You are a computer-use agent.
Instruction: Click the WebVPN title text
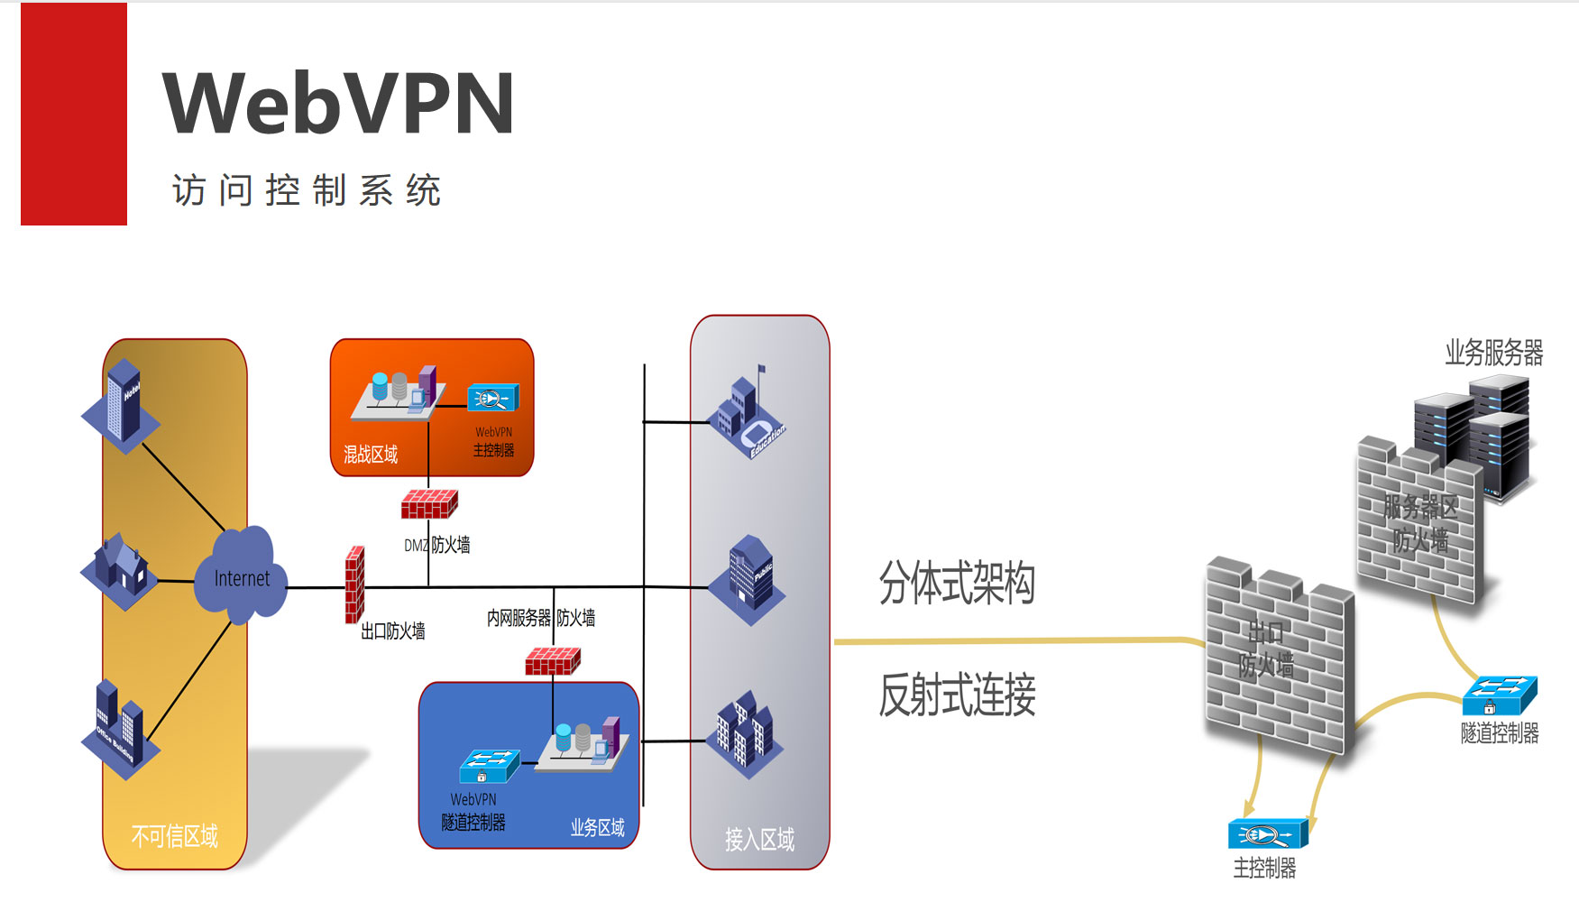[338, 104]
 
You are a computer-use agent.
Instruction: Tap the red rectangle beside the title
[74, 115]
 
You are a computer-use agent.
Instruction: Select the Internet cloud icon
[242, 576]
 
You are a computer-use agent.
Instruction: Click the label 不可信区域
[175, 836]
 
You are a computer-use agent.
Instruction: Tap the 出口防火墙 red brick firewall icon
[355, 584]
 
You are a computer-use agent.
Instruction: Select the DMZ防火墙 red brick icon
[429, 504]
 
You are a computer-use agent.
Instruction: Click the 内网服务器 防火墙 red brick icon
[553, 661]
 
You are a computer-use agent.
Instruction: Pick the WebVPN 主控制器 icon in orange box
[492, 398]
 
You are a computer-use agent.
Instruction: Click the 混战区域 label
[371, 455]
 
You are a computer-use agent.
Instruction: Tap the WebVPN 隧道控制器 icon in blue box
[488, 766]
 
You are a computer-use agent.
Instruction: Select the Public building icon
[748, 578]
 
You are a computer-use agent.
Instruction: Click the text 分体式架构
[957, 583]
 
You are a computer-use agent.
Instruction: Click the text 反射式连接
[957, 695]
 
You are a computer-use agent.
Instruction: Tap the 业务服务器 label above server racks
[1493, 353]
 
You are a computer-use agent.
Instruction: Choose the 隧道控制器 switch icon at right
[1499, 695]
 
